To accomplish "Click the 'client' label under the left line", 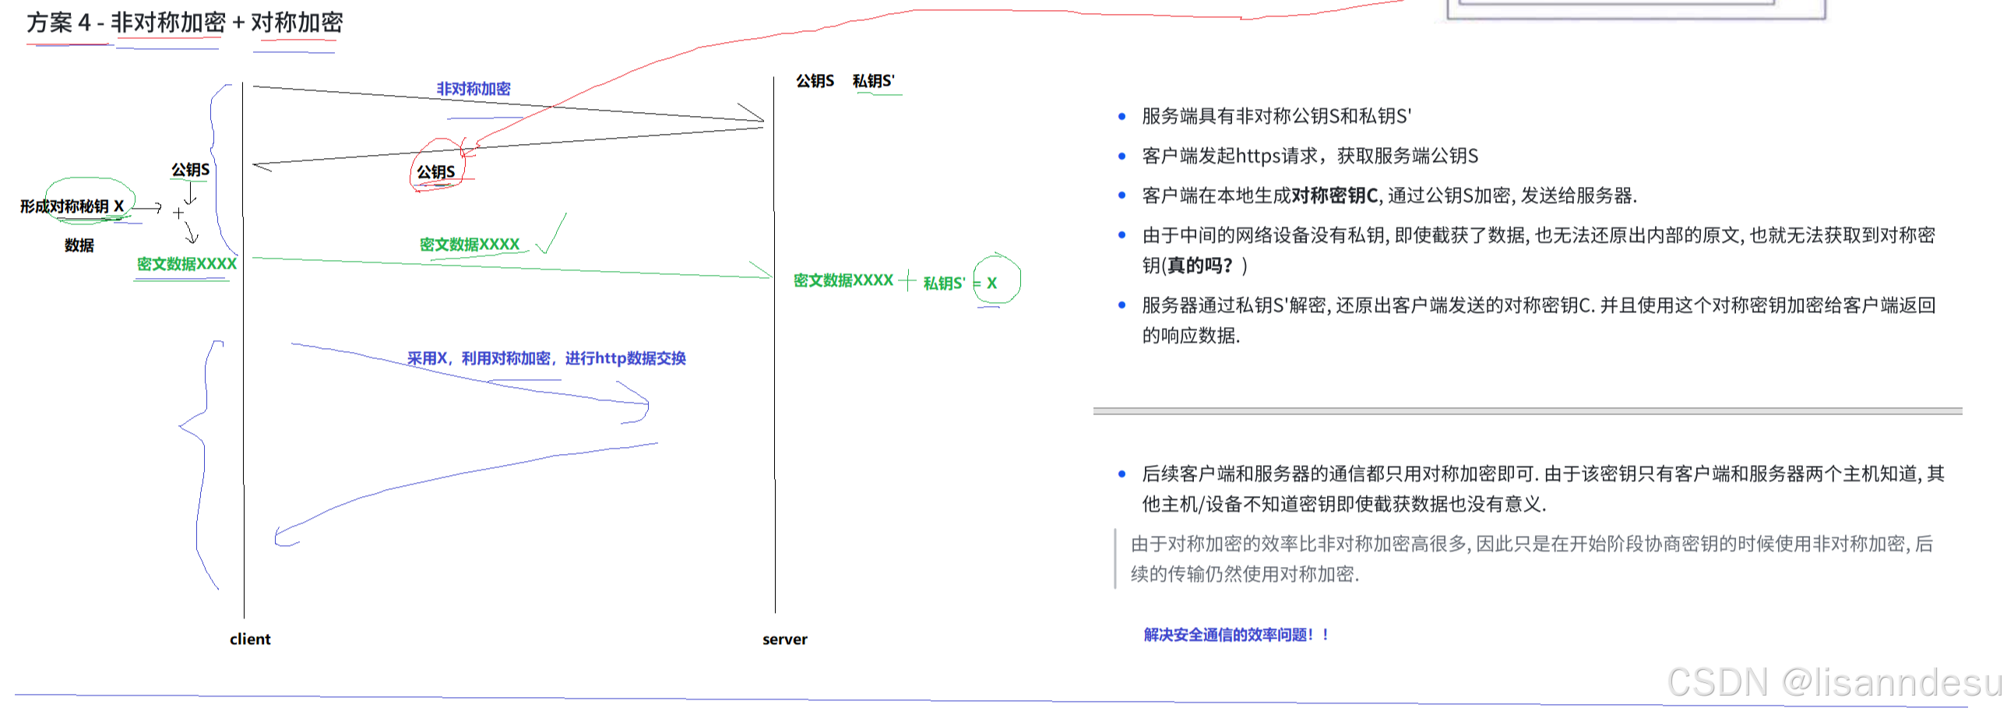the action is [x=250, y=639].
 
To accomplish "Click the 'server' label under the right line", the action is [x=784, y=639].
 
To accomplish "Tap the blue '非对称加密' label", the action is [x=473, y=89].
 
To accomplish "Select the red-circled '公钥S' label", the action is [x=435, y=171].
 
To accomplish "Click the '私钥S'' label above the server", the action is [x=873, y=81].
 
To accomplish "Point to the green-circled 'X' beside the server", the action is [x=991, y=283].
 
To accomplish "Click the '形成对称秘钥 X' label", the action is [x=72, y=206].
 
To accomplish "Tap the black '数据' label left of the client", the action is [x=79, y=245].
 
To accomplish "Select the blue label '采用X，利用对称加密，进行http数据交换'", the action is [x=546, y=358].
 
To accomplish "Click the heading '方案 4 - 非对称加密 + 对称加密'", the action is [x=185, y=23].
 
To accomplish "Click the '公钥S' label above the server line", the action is [x=815, y=81].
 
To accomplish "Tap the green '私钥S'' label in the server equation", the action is [x=944, y=283].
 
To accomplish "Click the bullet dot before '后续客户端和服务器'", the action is [x=1122, y=474].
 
